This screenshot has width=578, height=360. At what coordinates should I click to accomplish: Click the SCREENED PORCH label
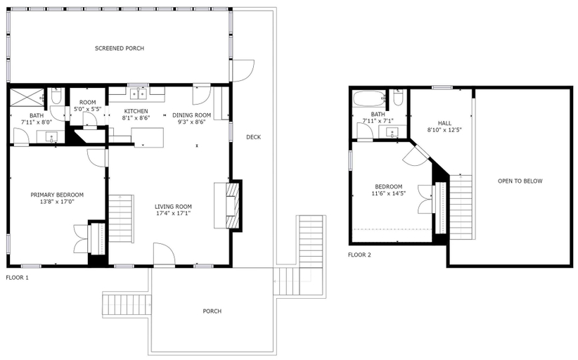pyautogui.click(x=120, y=49)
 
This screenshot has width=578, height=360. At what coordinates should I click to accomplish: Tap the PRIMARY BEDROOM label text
pyautogui.click(x=57, y=195)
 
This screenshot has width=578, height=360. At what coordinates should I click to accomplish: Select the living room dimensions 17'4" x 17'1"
pyautogui.click(x=173, y=213)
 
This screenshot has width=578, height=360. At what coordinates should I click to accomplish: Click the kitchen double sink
pyautogui.click(x=139, y=94)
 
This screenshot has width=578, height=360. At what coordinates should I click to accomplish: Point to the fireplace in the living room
pyautogui.click(x=233, y=205)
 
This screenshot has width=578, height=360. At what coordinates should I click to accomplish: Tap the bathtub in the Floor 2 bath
pyautogui.click(x=369, y=99)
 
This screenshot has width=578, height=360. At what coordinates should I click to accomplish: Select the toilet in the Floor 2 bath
pyautogui.click(x=398, y=98)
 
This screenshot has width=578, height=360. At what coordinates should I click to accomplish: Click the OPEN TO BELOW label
pyautogui.click(x=520, y=181)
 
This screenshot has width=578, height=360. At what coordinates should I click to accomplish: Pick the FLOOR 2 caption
pyautogui.click(x=359, y=255)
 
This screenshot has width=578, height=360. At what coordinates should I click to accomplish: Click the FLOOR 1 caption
pyautogui.click(x=18, y=278)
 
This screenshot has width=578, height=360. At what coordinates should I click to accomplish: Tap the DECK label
pyautogui.click(x=254, y=137)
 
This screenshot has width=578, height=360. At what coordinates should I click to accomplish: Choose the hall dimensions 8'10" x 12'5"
pyautogui.click(x=444, y=129)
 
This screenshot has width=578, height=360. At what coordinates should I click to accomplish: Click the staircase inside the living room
pyautogui.click(x=120, y=219)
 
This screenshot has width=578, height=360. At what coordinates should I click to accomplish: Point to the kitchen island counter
pyautogui.click(x=148, y=137)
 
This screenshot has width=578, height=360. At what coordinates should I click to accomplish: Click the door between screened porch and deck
pyautogui.click(x=242, y=70)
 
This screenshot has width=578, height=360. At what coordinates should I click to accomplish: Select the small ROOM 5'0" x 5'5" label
pyautogui.click(x=87, y=105)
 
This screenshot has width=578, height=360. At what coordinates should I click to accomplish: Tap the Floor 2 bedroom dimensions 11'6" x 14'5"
pyautogui.click(x=389, y=193)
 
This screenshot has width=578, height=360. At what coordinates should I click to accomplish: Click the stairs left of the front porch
pyautogui.click(x=127, y=304)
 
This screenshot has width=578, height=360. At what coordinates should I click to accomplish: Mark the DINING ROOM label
pyautogui.click(x=192, y=115)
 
